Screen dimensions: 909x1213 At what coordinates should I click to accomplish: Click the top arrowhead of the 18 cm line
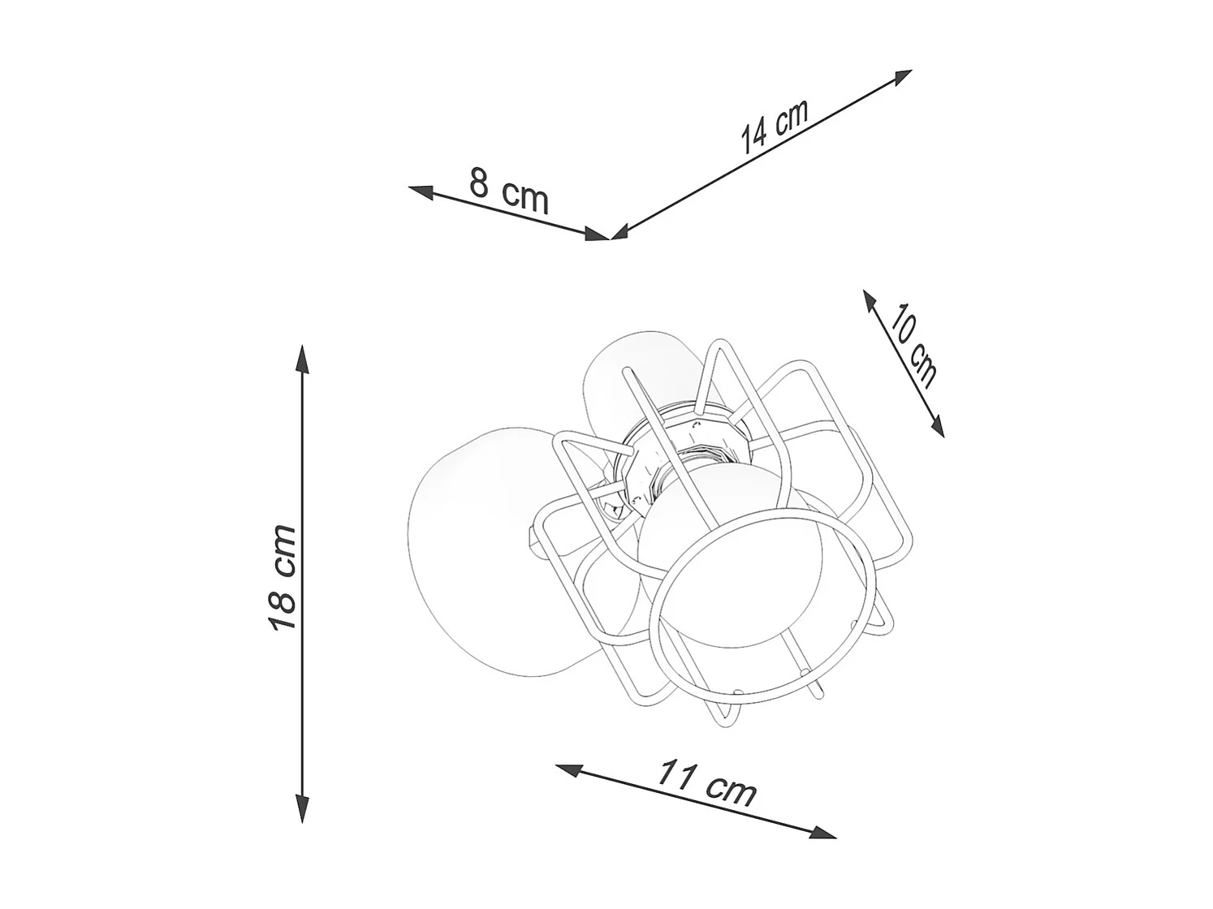tap(302, 359)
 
